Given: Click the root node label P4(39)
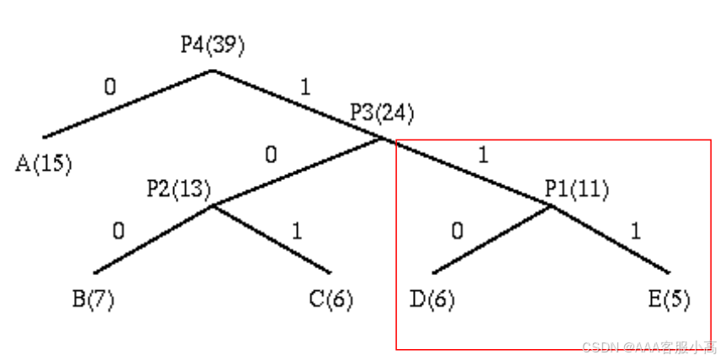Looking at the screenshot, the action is point(213,45).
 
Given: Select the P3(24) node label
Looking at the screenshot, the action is point(382,112).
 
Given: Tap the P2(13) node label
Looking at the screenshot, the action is point(178,188).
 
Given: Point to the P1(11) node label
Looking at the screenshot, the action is point(576,188).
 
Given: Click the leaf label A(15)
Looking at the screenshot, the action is point(44,162).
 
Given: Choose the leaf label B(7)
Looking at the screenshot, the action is point(93,299).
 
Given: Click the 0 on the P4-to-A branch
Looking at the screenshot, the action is point(110,87).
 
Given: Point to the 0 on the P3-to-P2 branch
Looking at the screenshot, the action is point(269,155).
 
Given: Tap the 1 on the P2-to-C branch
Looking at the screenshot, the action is point(296,230).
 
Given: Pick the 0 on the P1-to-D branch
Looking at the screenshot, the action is point(457,230).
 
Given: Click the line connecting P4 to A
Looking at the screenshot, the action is point(126,103).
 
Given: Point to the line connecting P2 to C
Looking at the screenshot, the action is point(271,239).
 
